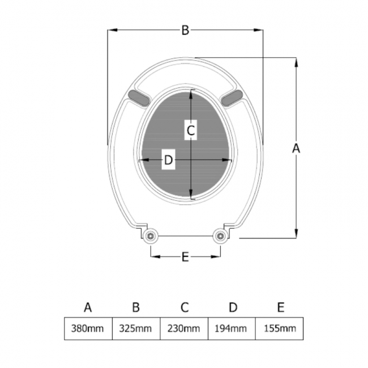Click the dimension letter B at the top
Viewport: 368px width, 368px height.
click(x=185, y=31)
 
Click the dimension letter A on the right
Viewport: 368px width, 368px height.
click(x=296, y=148)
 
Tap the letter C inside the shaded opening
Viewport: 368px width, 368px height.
click(x=191, y=131)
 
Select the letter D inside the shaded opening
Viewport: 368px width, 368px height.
click(x=168, y=161)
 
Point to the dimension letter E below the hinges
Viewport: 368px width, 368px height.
click(x=185, y=257)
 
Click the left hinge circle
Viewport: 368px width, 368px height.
click(x=151, y=236)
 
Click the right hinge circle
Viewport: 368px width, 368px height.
click(x=219, y=236)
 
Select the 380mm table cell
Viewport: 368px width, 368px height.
click(x=88, y=328)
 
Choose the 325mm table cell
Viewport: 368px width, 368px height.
click(x=136, y=328)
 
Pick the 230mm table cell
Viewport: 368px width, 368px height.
click(x=184, y=328)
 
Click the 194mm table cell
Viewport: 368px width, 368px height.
click(x=232, y=328)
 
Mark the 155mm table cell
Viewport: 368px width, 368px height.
click(x=280, y=328)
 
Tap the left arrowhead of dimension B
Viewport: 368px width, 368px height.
click(x=112, y=31)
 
